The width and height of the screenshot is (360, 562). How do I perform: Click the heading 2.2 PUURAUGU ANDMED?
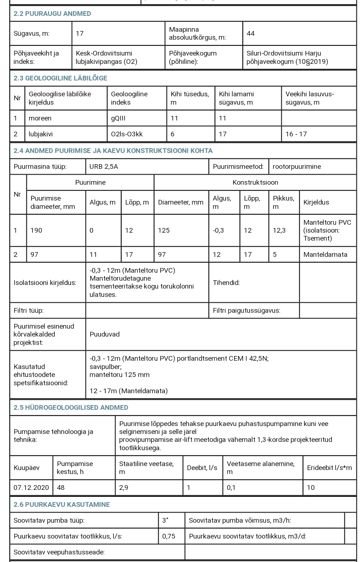point(52,14)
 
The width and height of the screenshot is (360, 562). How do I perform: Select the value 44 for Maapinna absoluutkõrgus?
point(251,34)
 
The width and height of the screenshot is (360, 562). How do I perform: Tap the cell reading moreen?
point(40,118)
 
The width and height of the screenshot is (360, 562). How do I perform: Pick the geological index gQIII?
point(119,118)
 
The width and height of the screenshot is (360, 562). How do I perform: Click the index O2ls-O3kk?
point(127,134)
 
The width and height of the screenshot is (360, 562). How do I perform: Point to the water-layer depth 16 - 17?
point(296,134)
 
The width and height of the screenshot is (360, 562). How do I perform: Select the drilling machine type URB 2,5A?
point(104,167)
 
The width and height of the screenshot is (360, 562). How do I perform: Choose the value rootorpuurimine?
point(297,167)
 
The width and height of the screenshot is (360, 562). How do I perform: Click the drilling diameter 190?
point(36,230)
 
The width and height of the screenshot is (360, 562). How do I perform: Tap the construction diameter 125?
point(164,230)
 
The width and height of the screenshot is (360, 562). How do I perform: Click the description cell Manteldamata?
point(325,255)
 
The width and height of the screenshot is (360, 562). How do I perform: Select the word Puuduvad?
point(105,334)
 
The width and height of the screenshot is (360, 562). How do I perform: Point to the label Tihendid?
point(226,283)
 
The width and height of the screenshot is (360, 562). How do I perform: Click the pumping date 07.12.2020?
point(31,488)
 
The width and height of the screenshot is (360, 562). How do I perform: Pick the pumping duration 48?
point(61,488)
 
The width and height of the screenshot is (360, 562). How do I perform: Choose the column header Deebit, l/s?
point(202,468)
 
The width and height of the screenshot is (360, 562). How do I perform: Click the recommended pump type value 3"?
point(166,521)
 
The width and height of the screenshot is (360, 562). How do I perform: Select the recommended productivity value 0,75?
point(169,536)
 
